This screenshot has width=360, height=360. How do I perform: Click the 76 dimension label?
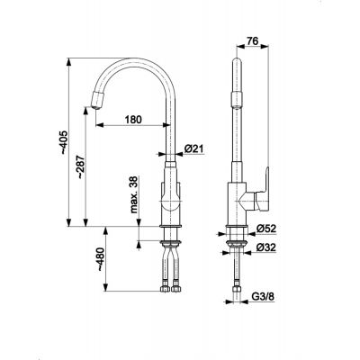point(253,40)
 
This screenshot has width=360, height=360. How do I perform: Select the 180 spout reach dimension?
point(133,120)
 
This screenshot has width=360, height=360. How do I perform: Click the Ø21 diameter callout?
point(193,148)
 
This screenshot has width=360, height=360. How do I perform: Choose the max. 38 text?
point(134,194)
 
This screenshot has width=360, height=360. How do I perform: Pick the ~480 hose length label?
point(102,260)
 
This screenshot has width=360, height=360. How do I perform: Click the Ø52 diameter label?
point(265,229)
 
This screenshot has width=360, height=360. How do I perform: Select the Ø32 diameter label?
point(265,247)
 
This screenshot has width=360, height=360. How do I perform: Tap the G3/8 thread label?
point(263,297)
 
